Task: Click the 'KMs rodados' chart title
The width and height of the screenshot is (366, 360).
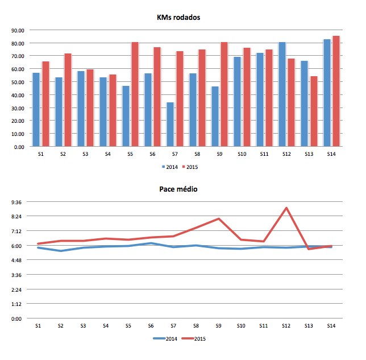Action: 178,18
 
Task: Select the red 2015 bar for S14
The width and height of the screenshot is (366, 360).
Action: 335,91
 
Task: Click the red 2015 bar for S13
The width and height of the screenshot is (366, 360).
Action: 313,111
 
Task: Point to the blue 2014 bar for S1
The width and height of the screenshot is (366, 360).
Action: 36,110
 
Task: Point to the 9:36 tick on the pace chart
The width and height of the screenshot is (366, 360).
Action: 15,202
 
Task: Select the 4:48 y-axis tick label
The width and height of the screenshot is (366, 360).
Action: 15,260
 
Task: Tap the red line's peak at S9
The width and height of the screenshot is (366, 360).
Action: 219,218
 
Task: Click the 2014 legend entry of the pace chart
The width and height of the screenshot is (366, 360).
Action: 167,339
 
